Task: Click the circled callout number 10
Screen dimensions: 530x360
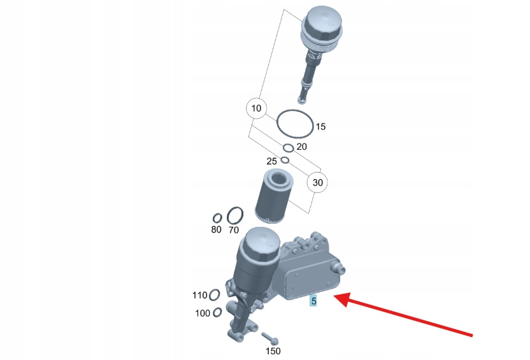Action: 256,108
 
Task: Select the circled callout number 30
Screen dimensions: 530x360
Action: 317,182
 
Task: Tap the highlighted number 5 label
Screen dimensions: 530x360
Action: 313,301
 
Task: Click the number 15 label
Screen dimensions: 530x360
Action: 320,127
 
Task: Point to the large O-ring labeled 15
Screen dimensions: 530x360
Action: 277,124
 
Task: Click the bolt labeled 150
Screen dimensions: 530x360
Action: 269,338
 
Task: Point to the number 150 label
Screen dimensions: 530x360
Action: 273,351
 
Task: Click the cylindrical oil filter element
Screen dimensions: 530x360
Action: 274,196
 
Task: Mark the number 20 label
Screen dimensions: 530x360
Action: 301,147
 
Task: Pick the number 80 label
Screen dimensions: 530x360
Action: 217,229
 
